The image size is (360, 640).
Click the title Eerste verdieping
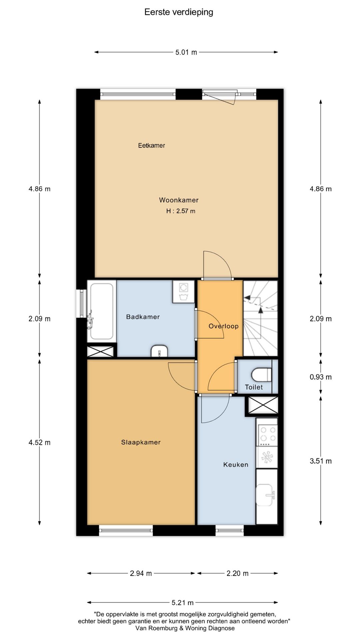(179, 12)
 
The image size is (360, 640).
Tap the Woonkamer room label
(179, 200)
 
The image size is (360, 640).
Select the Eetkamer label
(152, 145)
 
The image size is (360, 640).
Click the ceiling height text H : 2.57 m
(181, 211)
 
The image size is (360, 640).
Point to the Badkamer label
(143, 317)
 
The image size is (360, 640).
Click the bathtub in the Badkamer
(102, 311)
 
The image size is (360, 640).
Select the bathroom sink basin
(159, 351)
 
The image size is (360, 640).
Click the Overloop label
(224, 326)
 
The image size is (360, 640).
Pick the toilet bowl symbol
(262, 374)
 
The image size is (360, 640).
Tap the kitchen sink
(266, 495)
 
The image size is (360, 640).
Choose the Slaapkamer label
(141, 442)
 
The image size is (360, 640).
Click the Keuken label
(236, 465)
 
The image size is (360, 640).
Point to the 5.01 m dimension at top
(186, 52)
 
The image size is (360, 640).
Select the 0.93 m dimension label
(321, 377)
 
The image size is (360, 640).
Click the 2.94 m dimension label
(141, 573)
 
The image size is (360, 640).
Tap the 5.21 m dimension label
(183, 602)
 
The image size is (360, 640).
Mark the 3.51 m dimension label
(321, 461)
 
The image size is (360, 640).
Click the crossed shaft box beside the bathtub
(100, 352)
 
